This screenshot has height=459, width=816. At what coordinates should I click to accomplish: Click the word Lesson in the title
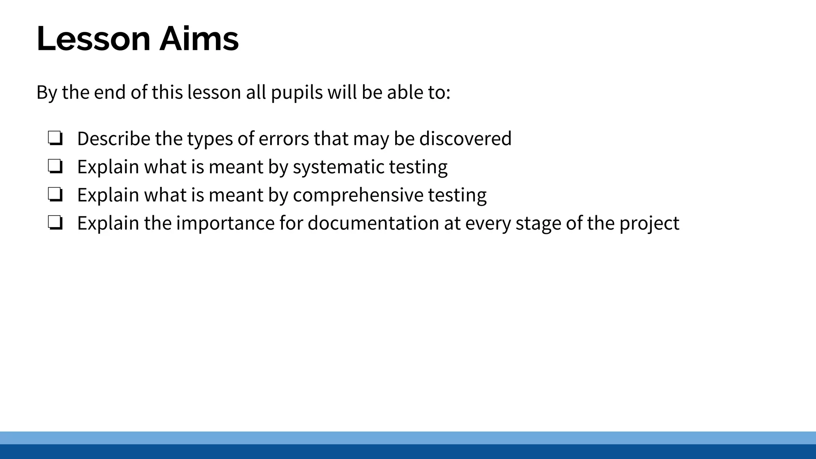coord(93,39)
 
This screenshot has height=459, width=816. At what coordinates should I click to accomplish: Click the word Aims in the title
coord(199,39)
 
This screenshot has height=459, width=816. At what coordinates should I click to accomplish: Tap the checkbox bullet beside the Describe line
coord(55,138)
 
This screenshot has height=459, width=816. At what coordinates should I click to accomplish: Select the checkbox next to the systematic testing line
coord(55,166)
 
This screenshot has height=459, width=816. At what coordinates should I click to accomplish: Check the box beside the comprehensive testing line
coord(55,194)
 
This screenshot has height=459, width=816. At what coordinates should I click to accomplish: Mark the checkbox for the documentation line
coord(55,223)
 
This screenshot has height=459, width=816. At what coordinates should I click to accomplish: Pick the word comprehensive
coord(358,195)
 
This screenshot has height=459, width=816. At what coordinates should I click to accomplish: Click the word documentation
coord(373,223)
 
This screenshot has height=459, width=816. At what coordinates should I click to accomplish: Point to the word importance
coord(225,223)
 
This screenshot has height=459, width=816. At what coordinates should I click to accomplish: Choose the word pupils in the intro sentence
coord(297,92)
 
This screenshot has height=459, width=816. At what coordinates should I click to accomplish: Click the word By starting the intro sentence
coord(47,92)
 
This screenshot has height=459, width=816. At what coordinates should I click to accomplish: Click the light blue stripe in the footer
coord(408,437)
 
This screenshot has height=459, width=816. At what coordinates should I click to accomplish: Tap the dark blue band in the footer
coord(408,452)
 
